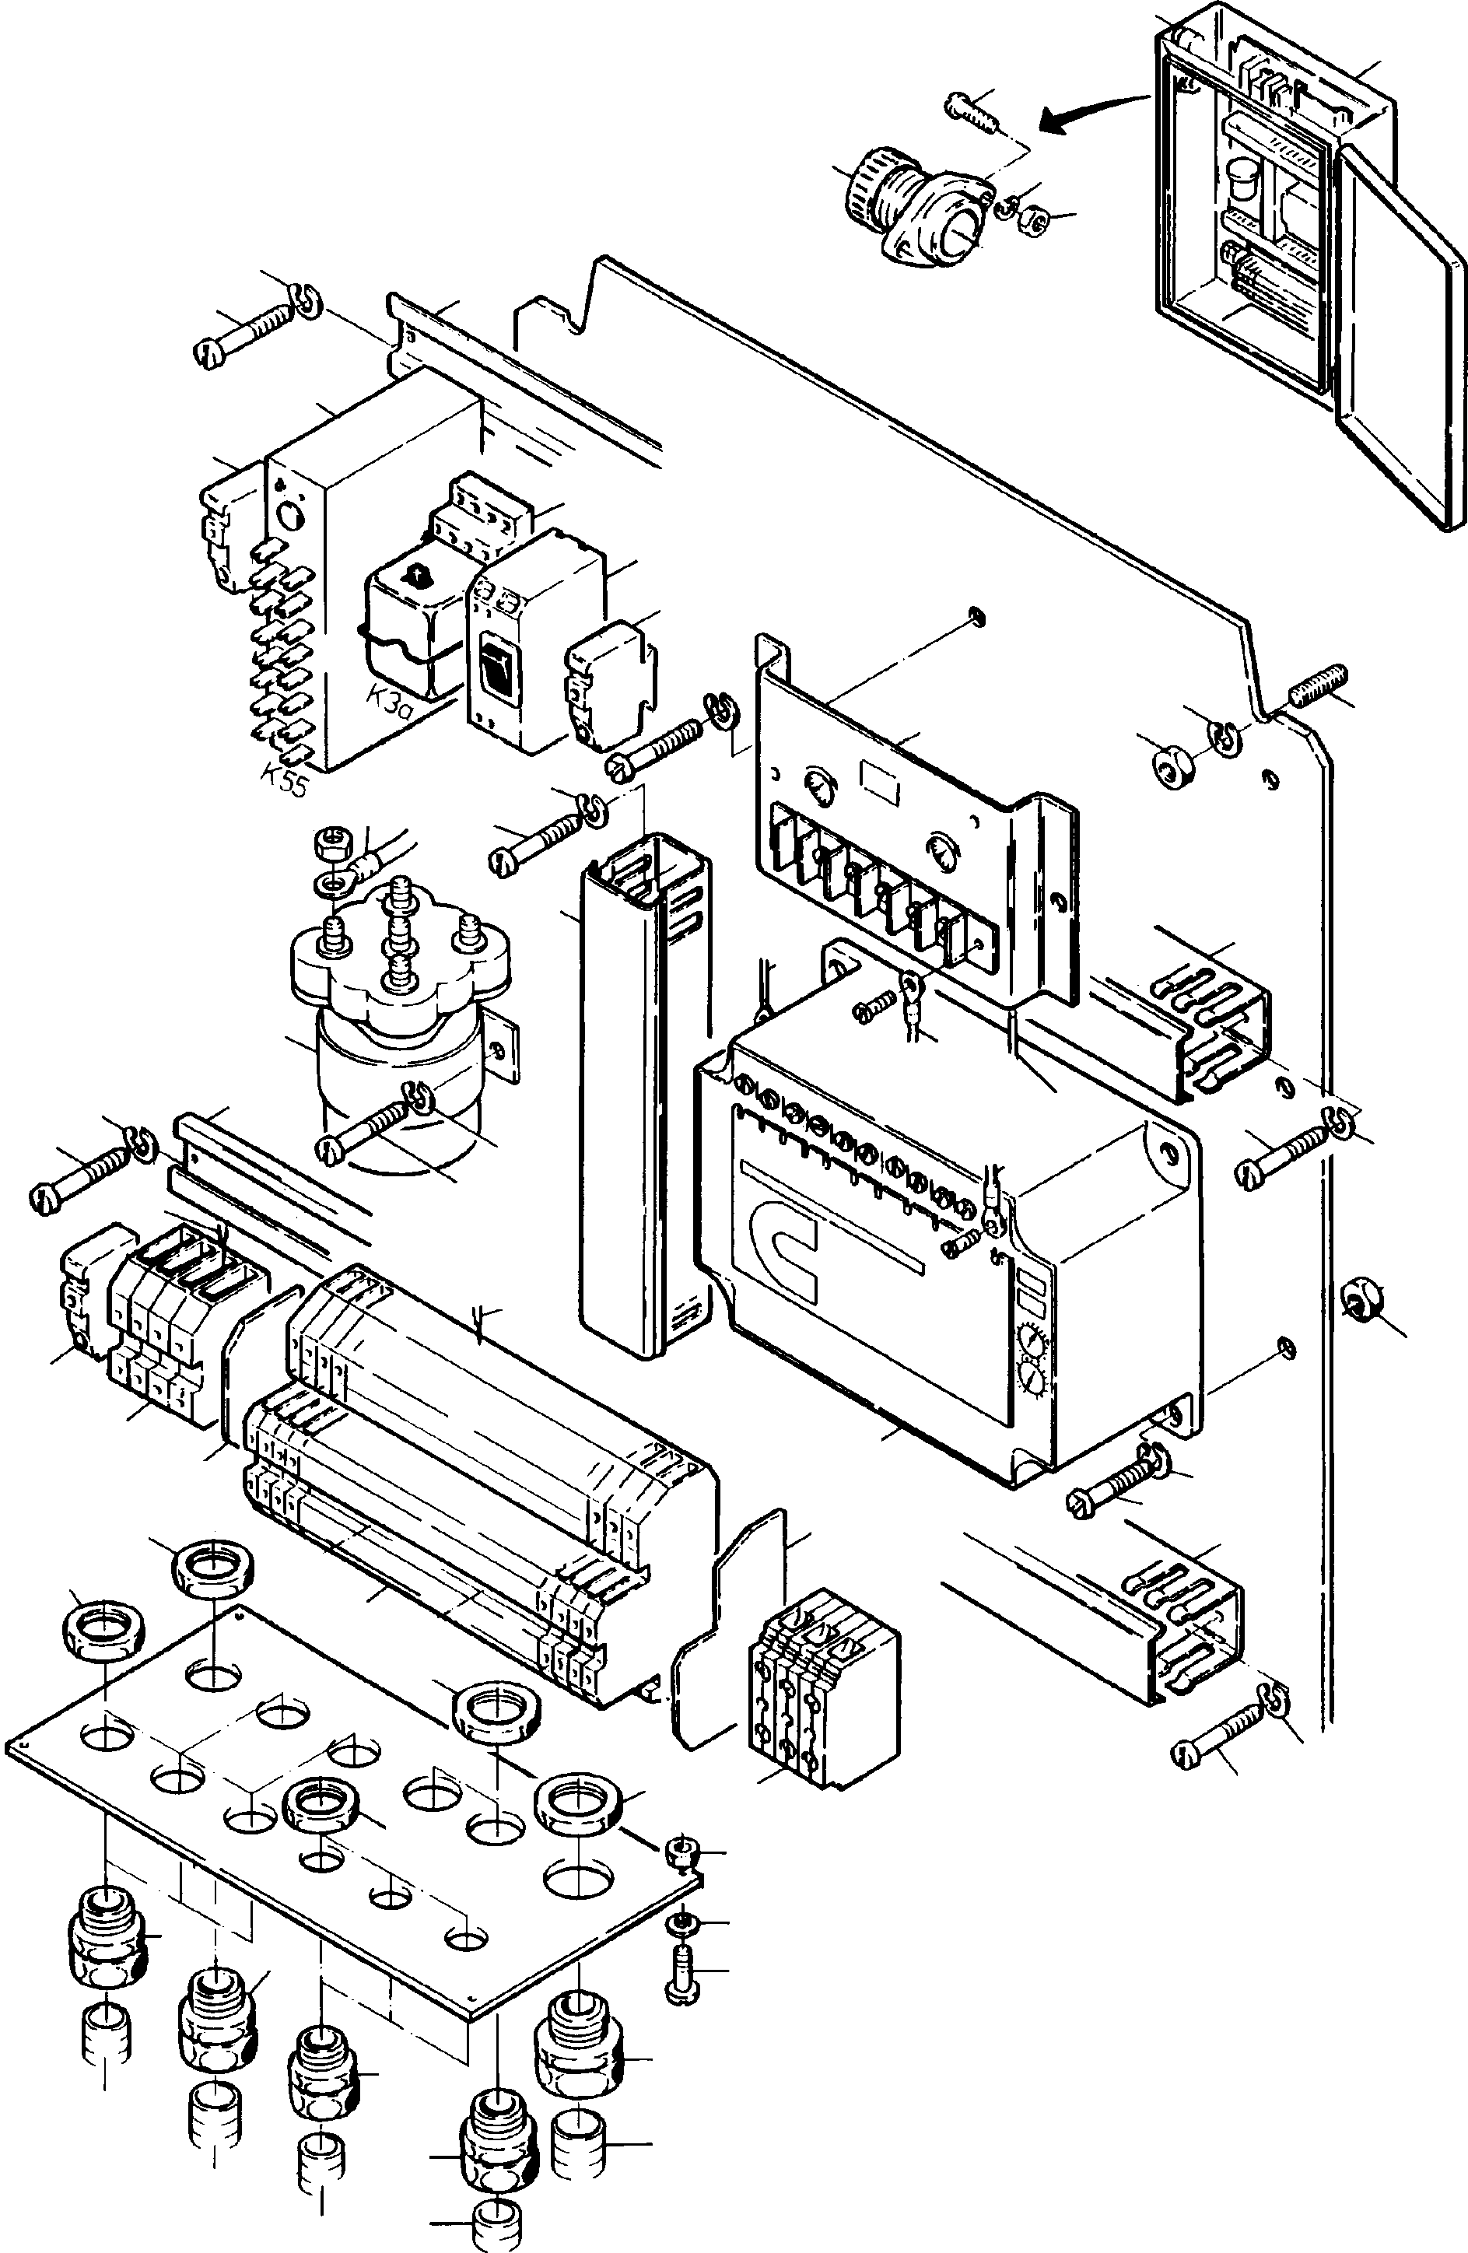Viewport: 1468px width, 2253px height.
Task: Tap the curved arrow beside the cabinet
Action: pyautogui.click(x=1088, y=112)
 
